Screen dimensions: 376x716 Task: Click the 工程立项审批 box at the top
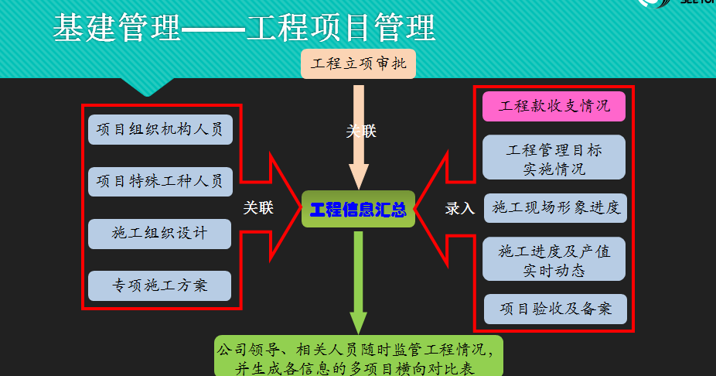[359, 63]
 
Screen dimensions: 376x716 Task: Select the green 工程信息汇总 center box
[358, 209]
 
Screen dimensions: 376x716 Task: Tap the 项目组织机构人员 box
[160, 129]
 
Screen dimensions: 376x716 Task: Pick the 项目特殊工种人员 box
[160, 181]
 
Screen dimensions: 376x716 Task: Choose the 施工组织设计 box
[160, 233]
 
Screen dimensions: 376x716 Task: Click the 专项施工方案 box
[160, 285]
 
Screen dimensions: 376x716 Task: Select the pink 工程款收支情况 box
[554, 106]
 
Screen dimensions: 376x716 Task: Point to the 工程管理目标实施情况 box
[554, 158]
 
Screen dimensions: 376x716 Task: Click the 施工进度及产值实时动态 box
[554, 260]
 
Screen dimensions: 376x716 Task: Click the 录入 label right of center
[460, 208]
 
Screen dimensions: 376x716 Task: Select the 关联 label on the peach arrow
[361, 132]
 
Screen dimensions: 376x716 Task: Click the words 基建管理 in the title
[116, 29]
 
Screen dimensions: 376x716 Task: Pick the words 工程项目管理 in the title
[340, 29]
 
